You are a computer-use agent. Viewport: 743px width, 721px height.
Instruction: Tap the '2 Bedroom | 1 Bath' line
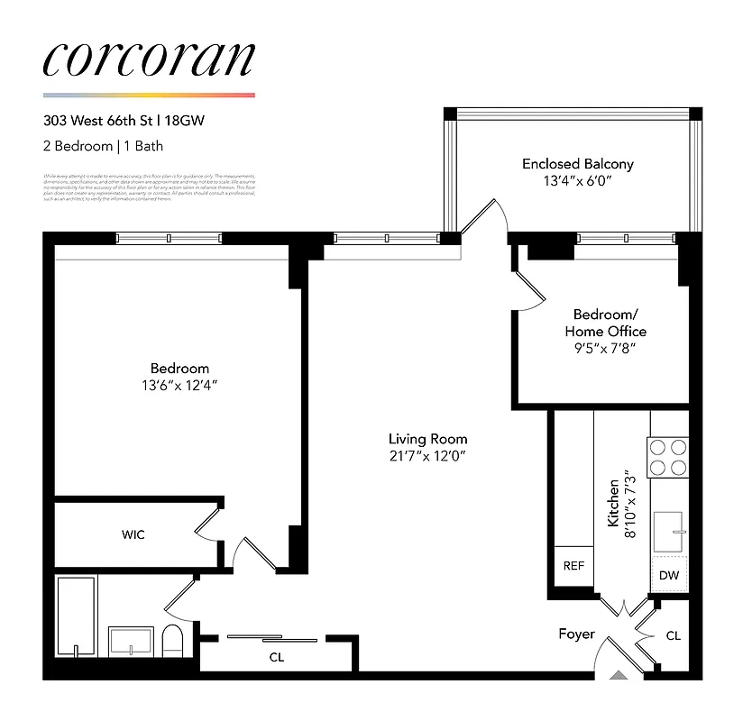(x=103, y=145)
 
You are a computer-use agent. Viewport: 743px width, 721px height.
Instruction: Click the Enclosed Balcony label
(x=577, y=164)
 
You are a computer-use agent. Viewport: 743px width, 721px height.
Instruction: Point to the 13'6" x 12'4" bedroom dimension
(x=179, y=385)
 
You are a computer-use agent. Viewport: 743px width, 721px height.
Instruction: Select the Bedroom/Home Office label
(x=605, y=323)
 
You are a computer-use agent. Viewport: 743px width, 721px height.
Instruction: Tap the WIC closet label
(x=133, y=534)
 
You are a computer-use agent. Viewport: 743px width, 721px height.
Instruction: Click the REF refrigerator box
(x=573, y=566)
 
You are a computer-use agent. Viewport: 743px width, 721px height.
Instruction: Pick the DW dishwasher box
(x=668, y=574)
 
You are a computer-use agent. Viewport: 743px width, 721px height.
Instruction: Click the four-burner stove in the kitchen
(x=668, y=455)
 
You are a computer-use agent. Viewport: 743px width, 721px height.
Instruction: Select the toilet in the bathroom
(x=173, y=642)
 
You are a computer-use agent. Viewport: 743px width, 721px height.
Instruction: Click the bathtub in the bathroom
(x=76, y=617)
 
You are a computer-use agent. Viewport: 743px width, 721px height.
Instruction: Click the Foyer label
(x=576, y=634)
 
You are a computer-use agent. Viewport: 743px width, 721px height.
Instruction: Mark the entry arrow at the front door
(x=618, y=672)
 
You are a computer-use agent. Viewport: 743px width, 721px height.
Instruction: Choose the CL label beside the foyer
(x=673, y=635)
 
